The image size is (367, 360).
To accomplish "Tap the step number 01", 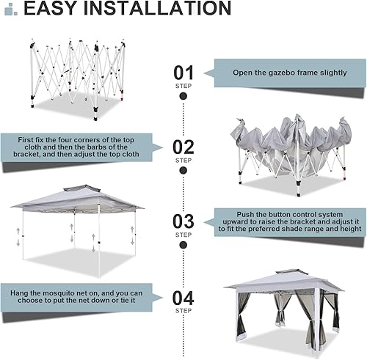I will click(x=183, y=73).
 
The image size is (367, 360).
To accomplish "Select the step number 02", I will click(x=183, y=146).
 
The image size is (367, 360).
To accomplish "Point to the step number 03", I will click(x=183, y=221).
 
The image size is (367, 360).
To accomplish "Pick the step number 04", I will click(x=183, y=298).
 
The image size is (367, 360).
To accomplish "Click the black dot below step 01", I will click(x=183, y=95).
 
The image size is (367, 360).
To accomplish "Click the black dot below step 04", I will click(x=183, y=320).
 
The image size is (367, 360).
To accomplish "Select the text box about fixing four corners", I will click(x=76, y=146).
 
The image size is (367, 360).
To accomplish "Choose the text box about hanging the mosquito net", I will click(x=76, y=298).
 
